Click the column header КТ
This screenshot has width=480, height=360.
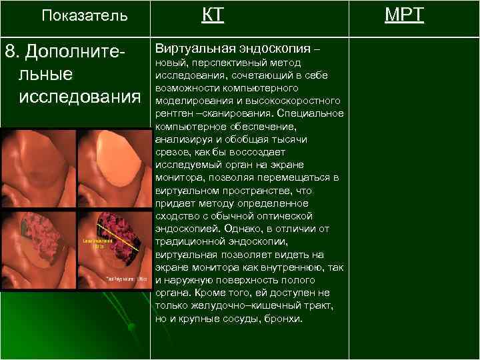point(213,15)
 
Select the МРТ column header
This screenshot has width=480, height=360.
point(403,15)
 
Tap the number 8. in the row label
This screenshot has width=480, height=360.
point(14,51)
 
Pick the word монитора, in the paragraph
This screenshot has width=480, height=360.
point(178,177)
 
